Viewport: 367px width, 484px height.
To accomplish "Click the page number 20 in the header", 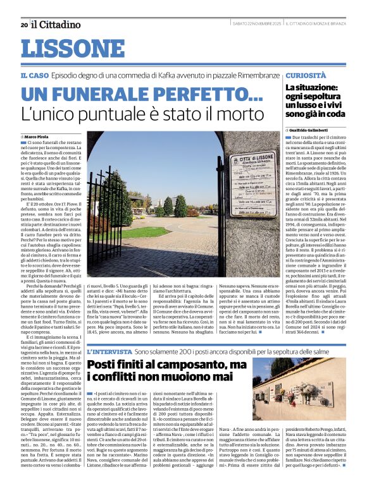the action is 23,25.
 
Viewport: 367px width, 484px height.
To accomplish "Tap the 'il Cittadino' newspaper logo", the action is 56,24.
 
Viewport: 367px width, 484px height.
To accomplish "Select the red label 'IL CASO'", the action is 34,75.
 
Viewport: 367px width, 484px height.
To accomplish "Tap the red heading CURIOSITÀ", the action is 306,75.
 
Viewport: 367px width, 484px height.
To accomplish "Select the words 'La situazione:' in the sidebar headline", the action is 312,88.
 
